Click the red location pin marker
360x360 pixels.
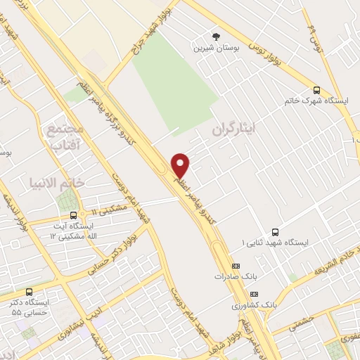[x=181, y=165]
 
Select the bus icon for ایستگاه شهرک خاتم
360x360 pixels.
[x=317, y=90]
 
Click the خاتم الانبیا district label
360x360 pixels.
[x=58, y=182]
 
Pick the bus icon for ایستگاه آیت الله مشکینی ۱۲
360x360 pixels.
[x=70, y=214]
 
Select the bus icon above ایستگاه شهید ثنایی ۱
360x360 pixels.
[x=275, y=231]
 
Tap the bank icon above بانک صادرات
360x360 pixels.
[x=236, y=266]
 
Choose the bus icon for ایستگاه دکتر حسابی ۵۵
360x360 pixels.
[x=29, y=291]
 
